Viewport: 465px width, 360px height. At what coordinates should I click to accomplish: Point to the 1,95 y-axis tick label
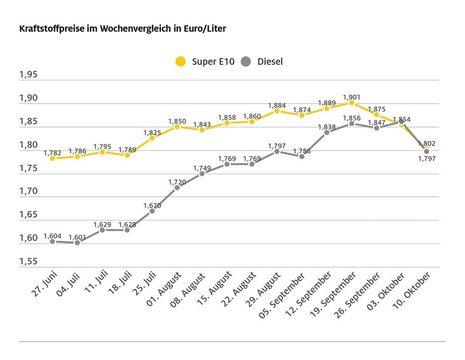pyautogui.click(x=28, y=75)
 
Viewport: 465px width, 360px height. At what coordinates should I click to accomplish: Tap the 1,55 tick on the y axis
pyautogui.click(x=28, y=262)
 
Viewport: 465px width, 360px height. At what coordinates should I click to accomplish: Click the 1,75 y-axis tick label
pyautogui.click(x=28, y=168)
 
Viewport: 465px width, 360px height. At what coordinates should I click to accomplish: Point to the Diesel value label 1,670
pyautogui.click(x=152, y=204)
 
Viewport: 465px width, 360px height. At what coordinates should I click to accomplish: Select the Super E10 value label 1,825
pyautogui.click(x=152, y=132)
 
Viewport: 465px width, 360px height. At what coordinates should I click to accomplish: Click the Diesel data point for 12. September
pyautogui.click(x=327, y=132)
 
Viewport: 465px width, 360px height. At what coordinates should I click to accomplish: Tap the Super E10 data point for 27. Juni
pyautogui.click(x=52, y=158)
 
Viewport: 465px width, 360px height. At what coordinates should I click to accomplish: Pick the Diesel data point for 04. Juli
pyautogui.click(x=77, y=243)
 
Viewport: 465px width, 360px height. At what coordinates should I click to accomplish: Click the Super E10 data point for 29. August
pyautogui.click(x=276, y=110)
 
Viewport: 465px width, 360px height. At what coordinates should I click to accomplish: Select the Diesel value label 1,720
pyautogui.click(x=177, y=181)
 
